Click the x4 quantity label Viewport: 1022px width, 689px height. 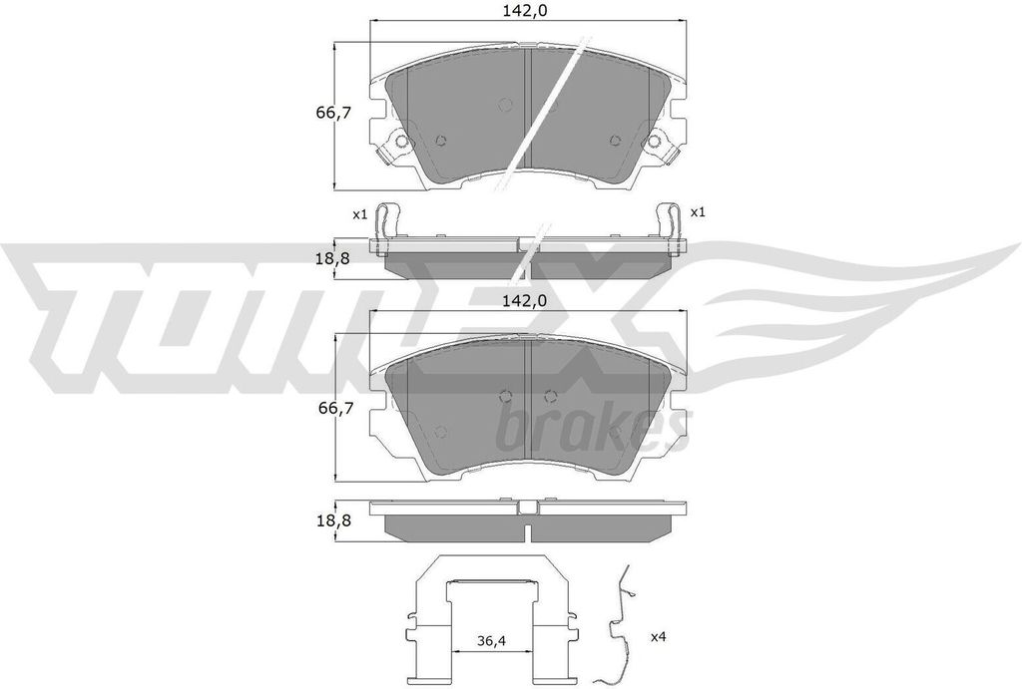coord(660,636)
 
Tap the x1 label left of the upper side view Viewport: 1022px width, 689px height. coord(360,213)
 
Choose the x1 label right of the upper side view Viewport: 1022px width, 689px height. coord(698,212)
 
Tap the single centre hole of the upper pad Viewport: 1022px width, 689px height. coord(504,104)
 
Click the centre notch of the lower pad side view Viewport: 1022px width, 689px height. coord(528,509)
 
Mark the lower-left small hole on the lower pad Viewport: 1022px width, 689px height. coord(440,431)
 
